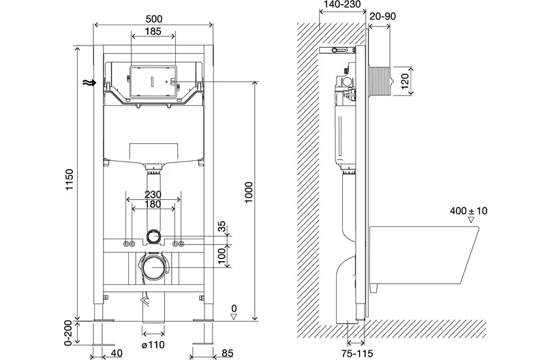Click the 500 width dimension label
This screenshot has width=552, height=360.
[153, 18]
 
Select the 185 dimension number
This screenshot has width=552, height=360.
[153, 31]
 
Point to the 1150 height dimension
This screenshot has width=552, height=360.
[70, 179]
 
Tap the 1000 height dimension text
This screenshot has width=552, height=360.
[249, 192]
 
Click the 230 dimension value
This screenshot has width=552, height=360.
[153, 194]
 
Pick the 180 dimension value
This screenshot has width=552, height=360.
[153, 204]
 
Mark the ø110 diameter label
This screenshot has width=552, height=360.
[153, 345]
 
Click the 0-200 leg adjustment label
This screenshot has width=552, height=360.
[68, 333]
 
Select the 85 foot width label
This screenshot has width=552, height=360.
[228, 352]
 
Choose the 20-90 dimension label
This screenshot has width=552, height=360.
[383, 16]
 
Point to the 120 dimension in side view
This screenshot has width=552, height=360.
[405, 81]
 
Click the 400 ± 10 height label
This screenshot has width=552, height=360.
[469, 211]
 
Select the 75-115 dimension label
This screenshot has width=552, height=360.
[357, 352]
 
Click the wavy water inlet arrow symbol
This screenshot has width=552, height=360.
[89, 82]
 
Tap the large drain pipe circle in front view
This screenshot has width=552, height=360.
[153, 267]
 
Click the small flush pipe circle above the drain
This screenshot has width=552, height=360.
[153, 236]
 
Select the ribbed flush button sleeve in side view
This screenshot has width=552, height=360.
[380, 81]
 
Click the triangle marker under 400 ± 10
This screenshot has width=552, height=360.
[471, 220]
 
